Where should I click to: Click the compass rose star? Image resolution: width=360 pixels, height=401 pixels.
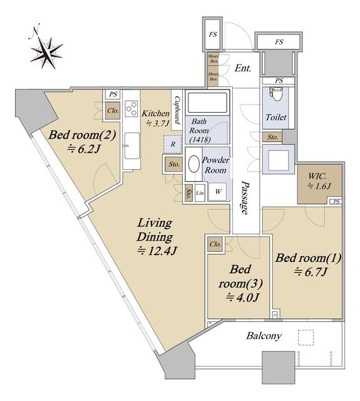(46, 53)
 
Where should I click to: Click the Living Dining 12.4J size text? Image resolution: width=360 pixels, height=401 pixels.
(157, 251)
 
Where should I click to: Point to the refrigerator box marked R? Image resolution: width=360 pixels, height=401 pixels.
(173, 144)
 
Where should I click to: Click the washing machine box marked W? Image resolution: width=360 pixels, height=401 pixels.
(218, 191)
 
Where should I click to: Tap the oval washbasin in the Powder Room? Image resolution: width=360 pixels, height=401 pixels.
(194, 164)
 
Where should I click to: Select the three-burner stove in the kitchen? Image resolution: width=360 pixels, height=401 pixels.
(131, 108)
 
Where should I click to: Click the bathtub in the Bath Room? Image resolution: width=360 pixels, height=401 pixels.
(207, 103)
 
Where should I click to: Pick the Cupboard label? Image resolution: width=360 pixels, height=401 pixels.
(177, 110)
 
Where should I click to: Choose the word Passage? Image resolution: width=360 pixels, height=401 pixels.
(245, 197)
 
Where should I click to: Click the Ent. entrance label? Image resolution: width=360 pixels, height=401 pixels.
(243, 68)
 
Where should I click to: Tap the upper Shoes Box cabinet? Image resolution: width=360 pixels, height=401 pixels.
(213, 58)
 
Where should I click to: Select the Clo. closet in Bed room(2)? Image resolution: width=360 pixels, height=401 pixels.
(113, 111)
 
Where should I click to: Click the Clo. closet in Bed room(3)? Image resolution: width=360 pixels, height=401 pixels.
(215, 244)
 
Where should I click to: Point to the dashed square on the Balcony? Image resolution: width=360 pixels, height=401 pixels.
(306, 338)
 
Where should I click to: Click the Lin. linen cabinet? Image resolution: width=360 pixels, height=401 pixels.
(200, 192)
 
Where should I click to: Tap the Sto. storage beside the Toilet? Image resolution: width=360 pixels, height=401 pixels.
(272, 137)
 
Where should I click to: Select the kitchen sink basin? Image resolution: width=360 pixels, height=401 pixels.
(132, 145)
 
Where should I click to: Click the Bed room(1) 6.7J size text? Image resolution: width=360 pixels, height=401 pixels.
(311, 273)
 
